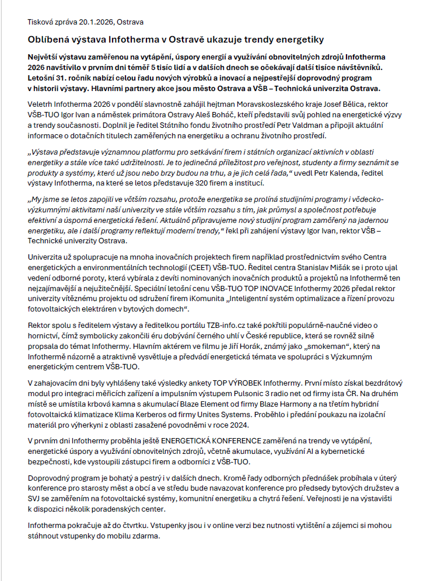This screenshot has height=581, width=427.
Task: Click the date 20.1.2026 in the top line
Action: (x=96, y=22)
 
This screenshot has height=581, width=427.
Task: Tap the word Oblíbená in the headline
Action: (x=48, y=40)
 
